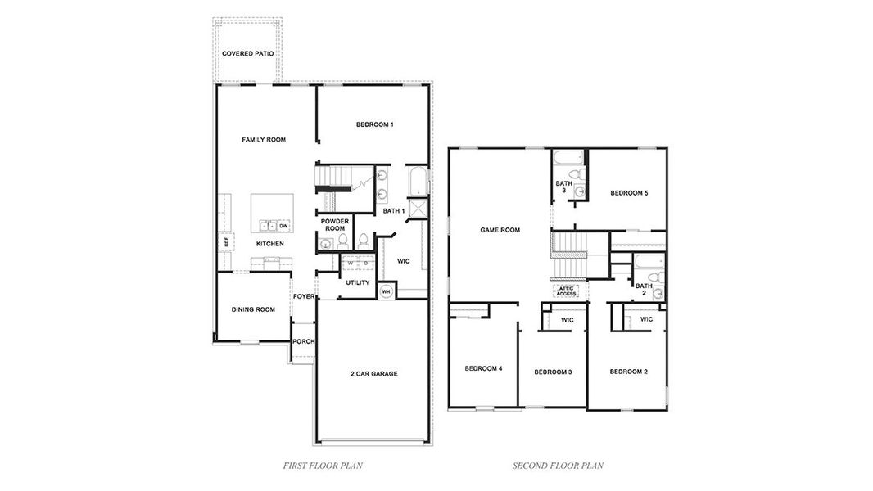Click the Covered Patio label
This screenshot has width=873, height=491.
(247, 54)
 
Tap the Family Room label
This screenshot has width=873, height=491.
(264, 140)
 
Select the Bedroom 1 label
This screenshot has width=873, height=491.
(375, 124)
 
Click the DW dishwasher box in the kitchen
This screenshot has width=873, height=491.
(284, 226)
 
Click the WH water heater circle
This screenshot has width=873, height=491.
(386, 291)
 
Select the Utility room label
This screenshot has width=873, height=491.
(357, 282)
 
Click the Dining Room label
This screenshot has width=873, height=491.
(253, 309)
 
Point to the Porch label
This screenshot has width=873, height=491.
(304, 341)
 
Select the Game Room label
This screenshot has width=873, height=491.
(500, 230)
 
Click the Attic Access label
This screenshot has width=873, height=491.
(567, 291)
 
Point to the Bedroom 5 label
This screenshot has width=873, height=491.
(629, 193)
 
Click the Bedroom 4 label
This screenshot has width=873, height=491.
(483, 368)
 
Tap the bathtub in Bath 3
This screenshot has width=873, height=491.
(567, 158)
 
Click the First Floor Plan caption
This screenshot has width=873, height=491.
(323, 466)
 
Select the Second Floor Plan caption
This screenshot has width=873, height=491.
(558, 466)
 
